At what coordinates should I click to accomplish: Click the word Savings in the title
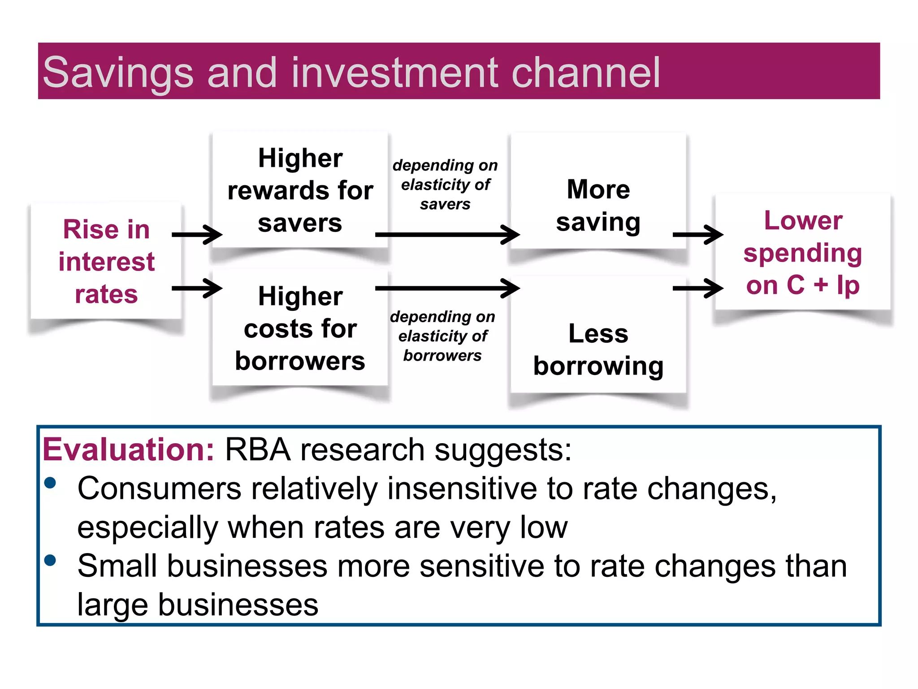118,73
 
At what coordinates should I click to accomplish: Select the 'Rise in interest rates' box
106,262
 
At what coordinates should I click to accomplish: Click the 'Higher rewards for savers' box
300,191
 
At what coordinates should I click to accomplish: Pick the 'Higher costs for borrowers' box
300,329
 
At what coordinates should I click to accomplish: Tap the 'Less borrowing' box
598,350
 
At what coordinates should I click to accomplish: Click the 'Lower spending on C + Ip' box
802,253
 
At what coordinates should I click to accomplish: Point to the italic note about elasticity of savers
445,184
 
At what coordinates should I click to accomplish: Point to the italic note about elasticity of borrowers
442,336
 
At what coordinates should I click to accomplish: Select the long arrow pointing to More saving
447,234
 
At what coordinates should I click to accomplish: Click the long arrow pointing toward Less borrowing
447,288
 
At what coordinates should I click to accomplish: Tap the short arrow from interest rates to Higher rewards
197,234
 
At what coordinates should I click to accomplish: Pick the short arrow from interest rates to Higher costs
197,288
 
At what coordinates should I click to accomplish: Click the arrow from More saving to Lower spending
697,234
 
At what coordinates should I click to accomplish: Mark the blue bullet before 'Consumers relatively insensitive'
50,483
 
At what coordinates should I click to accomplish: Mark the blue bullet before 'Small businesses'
50,560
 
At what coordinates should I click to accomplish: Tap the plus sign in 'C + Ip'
821,285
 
